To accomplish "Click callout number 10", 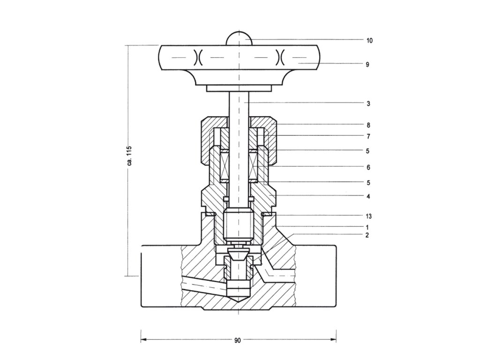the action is click(x=369, y=40).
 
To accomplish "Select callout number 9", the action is click(x=367, y=65).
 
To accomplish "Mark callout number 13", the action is click(x=369, y=217).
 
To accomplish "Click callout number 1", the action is click(x=368, y=227).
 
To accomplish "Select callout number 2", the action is click(x=368, y=235).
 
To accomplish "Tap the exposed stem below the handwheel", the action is click(x=239, y=105).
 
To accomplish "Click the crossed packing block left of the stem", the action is click(x=224, y=166).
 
